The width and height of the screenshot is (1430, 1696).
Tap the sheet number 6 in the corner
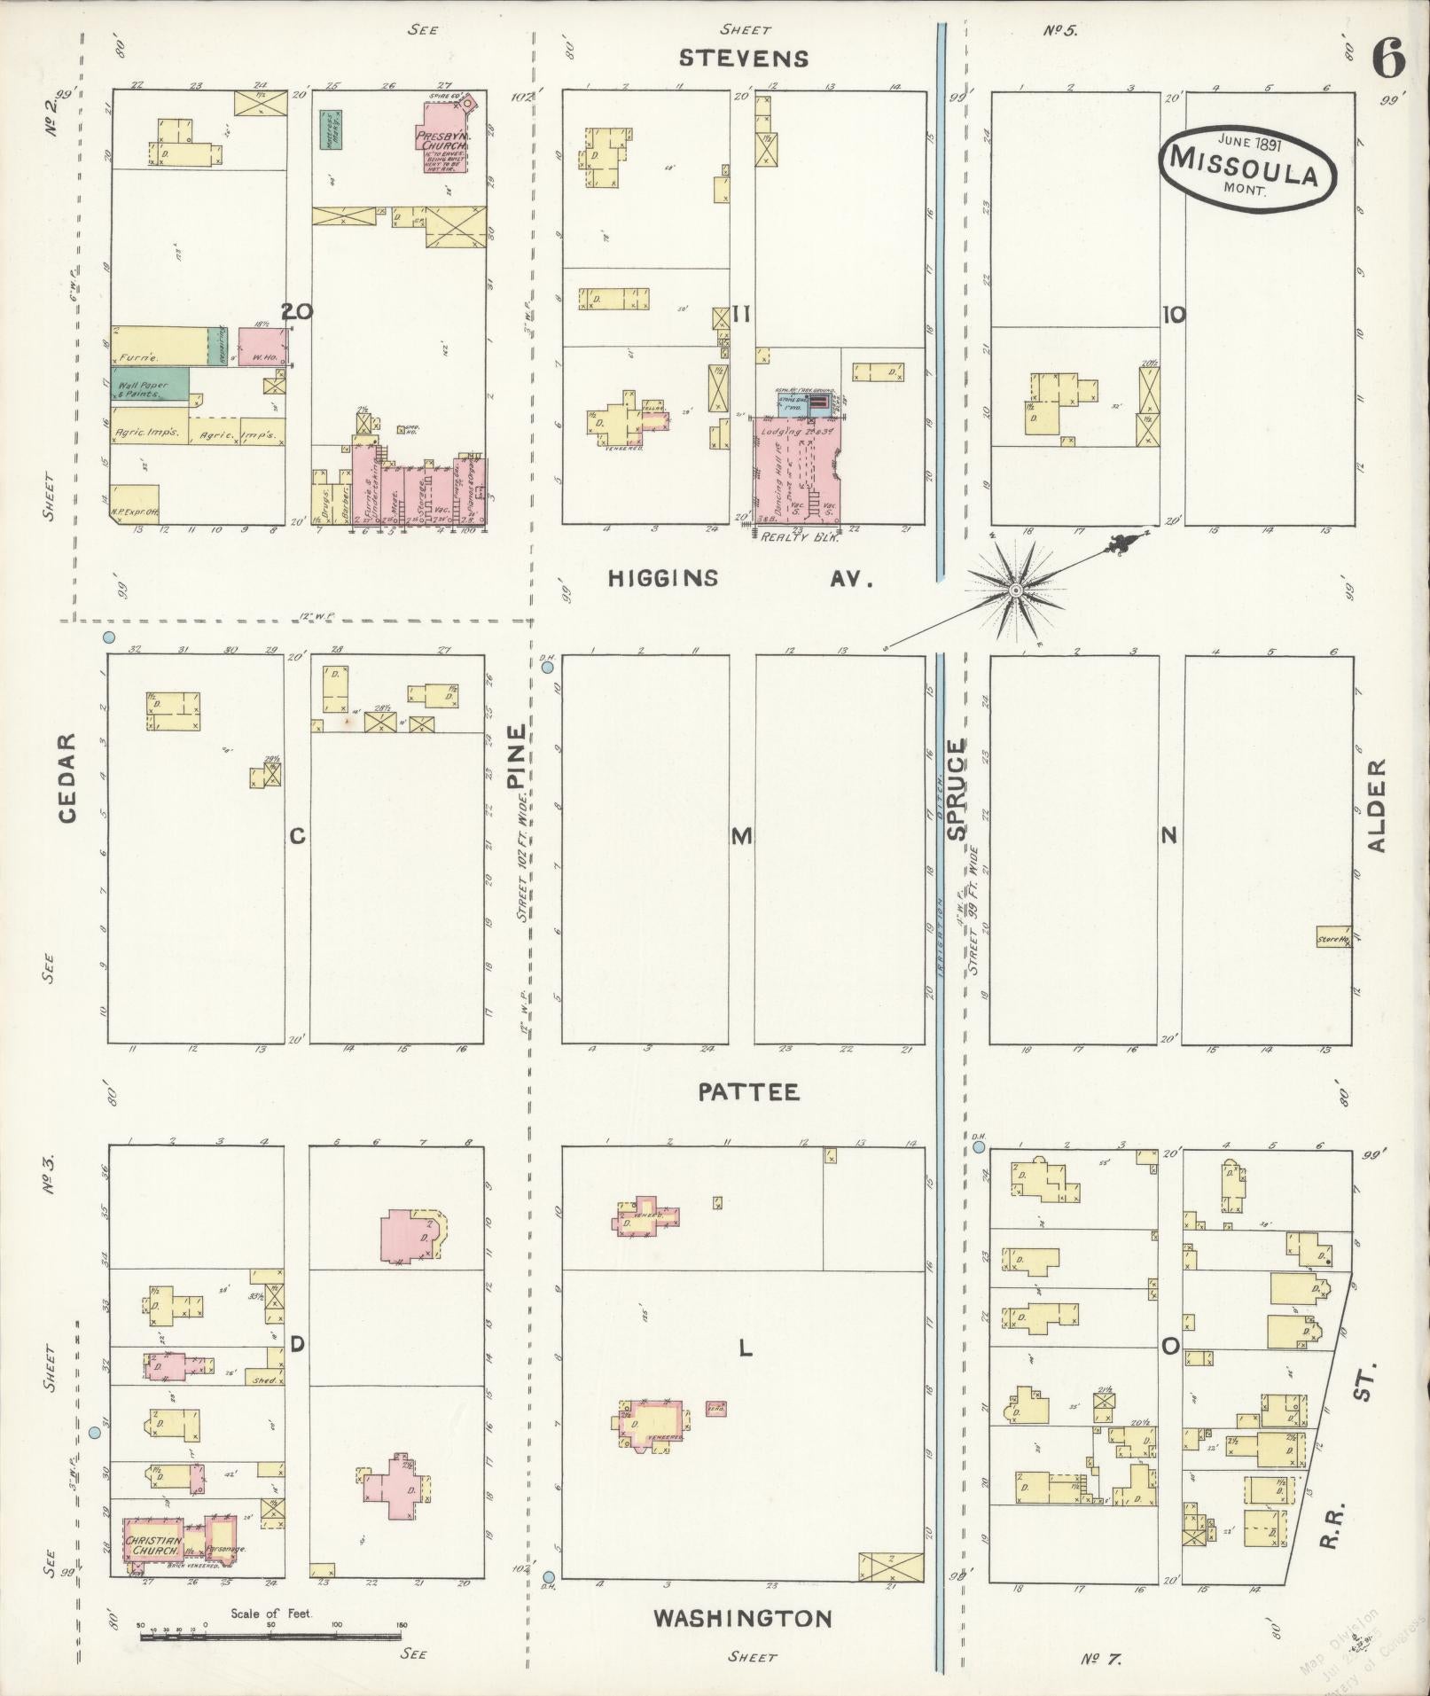1388,60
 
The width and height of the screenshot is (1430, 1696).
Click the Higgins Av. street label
741,579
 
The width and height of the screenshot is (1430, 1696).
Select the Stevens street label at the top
743,59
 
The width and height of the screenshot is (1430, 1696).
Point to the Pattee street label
748,1091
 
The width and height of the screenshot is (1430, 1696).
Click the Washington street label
742,1618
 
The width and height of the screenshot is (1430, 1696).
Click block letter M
741,835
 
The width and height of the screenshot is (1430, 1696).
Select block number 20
297,311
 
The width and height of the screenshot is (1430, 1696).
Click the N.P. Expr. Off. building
135,503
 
